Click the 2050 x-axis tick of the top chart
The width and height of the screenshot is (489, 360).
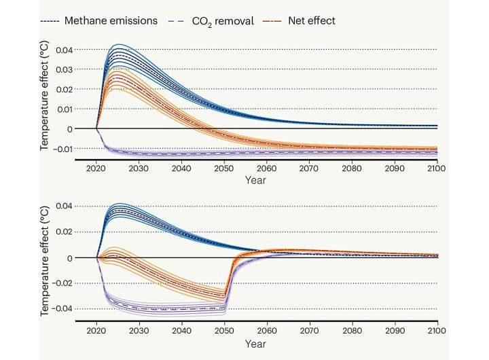click(223, 168)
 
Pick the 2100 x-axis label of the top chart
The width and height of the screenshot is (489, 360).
click(435, 168)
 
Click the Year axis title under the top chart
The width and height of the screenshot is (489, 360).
click(255, 180)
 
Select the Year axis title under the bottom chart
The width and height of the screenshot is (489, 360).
click(255, 344)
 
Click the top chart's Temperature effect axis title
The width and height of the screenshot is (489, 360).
click(44, 96)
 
